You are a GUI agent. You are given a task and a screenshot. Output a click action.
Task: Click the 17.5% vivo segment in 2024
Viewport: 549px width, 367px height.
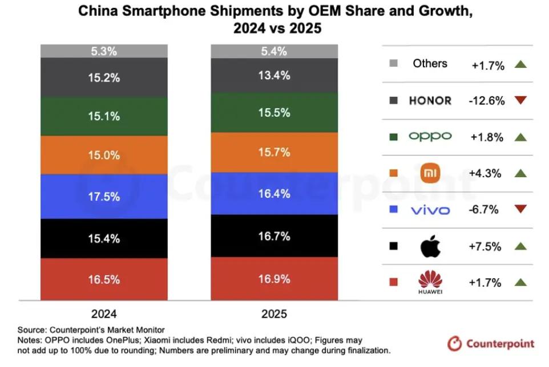[x=104, y=196]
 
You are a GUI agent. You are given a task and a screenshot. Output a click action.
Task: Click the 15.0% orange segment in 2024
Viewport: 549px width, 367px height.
[x=104, y=154]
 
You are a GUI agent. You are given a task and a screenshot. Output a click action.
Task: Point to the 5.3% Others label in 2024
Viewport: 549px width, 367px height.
[x=104, y=51]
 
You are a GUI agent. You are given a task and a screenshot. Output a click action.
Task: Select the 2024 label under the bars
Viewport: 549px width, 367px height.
[x=104, y=314]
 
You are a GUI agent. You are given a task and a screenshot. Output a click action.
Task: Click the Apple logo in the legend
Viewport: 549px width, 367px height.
[x=431, y=247]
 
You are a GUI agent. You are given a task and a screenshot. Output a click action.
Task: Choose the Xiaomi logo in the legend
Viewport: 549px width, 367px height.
[x=431, y=173]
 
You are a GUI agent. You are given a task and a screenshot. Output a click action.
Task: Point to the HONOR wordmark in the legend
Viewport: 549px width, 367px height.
[x=430, y=101]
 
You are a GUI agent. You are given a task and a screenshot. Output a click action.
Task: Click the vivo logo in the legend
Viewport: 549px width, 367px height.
[x=430, y=210]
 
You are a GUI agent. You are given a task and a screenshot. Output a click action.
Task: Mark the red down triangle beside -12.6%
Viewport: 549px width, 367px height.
[x=520, y=101]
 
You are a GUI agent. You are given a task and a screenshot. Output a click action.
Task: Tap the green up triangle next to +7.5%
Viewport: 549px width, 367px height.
[x=520, y=247]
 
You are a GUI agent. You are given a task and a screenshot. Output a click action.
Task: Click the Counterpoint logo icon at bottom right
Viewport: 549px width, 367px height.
[x=455, y=344]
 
